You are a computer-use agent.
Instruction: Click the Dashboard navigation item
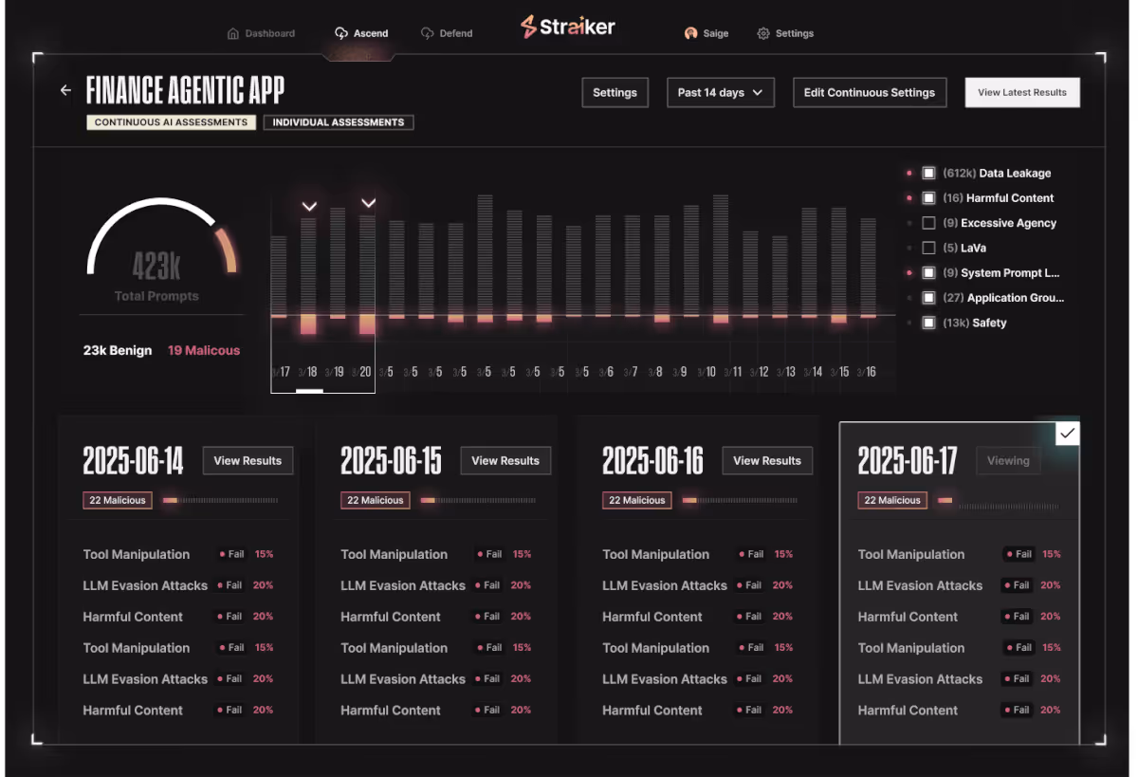pos(261,33)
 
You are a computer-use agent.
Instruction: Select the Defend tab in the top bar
pos(447,33)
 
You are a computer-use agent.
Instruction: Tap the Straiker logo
pos(567,27)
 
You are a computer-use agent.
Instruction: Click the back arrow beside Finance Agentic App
pos(65,90)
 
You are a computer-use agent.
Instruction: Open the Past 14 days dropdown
pos(721,92)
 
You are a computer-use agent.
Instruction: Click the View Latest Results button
pos(1021,92)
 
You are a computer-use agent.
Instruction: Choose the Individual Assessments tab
pos(338,122)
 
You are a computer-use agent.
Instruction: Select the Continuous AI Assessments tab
pos(171,122)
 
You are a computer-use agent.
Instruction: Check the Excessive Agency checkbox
pos(928,223)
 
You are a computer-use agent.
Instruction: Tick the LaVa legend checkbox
pos(928,248)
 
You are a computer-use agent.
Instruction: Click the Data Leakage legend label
pos(1015,174)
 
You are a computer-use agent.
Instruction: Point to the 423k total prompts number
pos(156,268)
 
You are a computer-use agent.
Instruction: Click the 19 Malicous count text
pos(204,350)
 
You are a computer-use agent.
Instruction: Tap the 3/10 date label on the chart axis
pos(707,372)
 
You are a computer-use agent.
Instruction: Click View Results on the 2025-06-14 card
pos(248,461)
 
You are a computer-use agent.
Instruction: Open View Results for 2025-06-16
pos(767,461)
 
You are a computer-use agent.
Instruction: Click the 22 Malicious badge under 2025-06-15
pos(375,500)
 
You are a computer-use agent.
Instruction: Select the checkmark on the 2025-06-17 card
pos(1067,434)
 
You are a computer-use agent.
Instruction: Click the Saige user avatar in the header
pos(691,33)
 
